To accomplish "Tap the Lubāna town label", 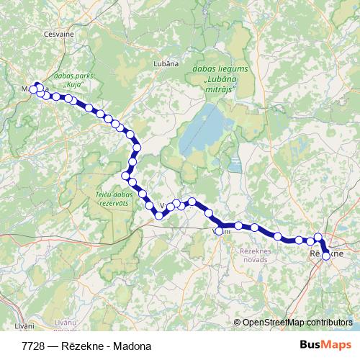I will click(x=166, y=63).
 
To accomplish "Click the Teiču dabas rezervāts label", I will click(x=114, y=199).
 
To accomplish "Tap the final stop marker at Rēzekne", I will click(x=326, y=256).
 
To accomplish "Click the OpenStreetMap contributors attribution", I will click(x=297, y=323).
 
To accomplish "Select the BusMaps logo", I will click(x=325, y=345).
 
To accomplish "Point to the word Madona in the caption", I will click(x=134, y=346).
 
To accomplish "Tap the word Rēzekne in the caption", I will click(x=86, y=346).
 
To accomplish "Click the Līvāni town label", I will click(x=24, y=326).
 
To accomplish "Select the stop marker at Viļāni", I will click(x=219, y=231).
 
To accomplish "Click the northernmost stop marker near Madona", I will click(x=38, y=86).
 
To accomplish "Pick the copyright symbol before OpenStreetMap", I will click(x=238, y=323).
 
